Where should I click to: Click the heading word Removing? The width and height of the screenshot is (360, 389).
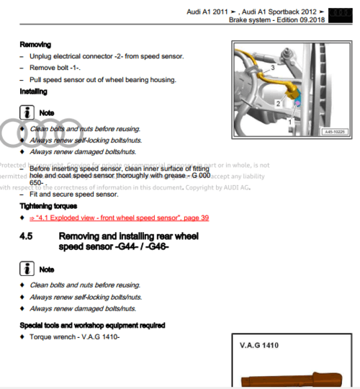(35, 45)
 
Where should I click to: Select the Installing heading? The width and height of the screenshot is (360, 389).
(35, 92)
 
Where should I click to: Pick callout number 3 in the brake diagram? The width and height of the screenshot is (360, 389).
(272, 66)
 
